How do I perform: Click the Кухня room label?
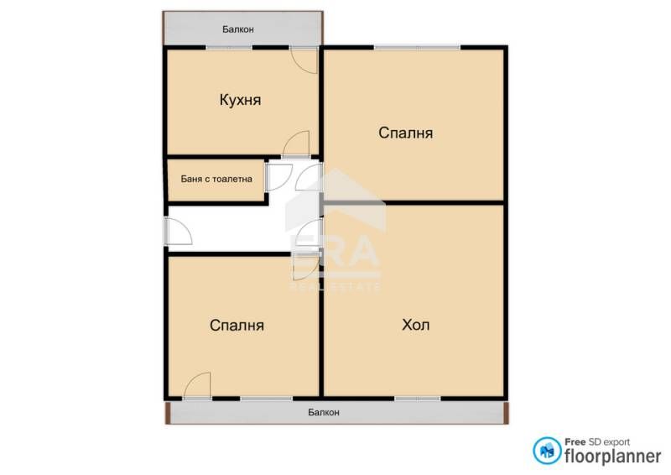tap(240, 100)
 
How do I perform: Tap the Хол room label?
tap(416, 325)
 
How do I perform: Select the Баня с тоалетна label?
tap(216, 179)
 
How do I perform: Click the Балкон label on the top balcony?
tap(238, 29)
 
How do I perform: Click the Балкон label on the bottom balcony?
tap(324, 412)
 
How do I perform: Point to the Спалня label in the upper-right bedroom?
tap(405, 133)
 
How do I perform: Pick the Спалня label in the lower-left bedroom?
tap(237, 326)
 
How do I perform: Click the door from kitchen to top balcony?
tap(304, 59)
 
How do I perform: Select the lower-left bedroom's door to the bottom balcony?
tap(198, 386)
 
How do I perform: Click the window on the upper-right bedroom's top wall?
tap(416, 48)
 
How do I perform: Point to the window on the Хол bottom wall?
tap(417, 396)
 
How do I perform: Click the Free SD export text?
tap(596, 441)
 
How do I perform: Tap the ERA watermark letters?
tap(335, 252)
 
